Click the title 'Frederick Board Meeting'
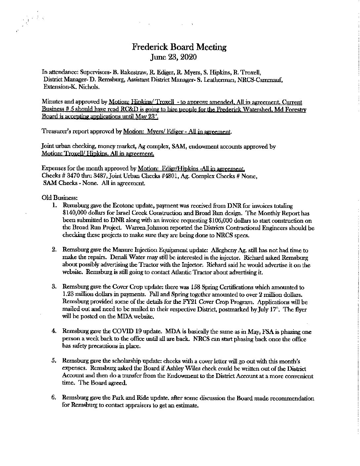pyautogui.click(x=179, y=47)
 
